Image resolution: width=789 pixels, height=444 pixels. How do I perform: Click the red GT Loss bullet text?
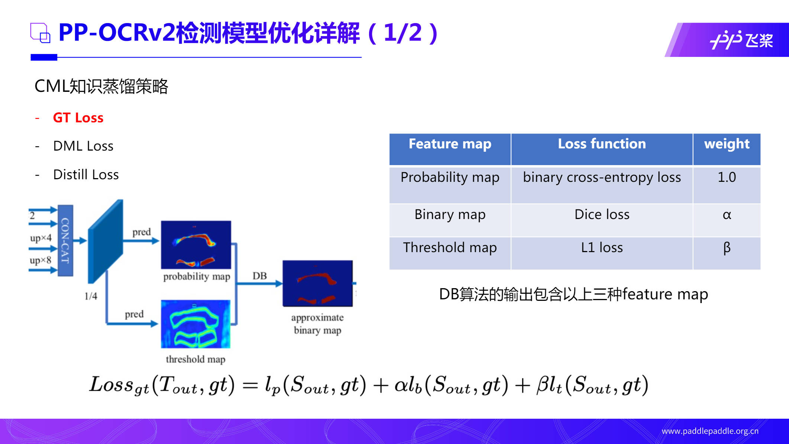[78, 118]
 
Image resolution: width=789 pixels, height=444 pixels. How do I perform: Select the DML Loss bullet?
[83, 146]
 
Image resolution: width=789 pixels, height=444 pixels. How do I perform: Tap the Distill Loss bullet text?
[86, 175]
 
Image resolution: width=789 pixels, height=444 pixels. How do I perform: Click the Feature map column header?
[450, 144]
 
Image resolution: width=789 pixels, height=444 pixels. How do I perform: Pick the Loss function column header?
[602, 144]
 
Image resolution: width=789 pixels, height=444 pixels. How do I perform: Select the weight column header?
[727, 144]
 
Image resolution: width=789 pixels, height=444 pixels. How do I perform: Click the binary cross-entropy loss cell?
[602, 178]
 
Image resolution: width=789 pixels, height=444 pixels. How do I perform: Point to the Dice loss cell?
[602, 215]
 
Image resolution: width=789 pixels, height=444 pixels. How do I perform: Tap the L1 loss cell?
[602, 248]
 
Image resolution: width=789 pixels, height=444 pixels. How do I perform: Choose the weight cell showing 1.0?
[727, 178]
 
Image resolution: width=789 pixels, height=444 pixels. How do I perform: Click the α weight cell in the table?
[727, 215]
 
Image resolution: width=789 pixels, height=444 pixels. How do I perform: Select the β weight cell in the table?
[727, 248]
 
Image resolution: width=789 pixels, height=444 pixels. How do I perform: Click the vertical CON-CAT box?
[65, 241]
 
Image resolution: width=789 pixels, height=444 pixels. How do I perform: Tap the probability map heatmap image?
[196, 245]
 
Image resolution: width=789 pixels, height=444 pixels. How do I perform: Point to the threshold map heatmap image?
[195, 324]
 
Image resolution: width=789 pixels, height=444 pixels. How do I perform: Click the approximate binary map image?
[317, 283]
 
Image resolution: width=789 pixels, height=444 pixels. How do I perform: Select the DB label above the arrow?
[259, 276]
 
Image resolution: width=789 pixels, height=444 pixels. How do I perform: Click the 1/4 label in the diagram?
[91, 296]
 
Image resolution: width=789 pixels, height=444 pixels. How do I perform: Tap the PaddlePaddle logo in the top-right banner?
[741, 40]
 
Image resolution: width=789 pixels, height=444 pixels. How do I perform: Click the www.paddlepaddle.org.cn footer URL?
[710, 431]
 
